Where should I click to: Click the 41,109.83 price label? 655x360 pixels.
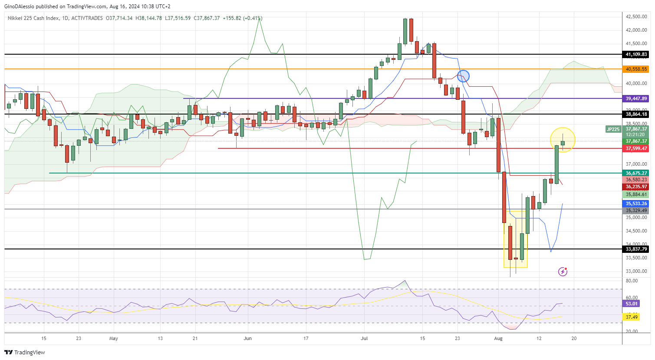pos(636,54)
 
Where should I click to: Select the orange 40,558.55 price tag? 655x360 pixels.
pos(636,69)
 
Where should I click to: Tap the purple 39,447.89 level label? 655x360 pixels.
pos(636,98)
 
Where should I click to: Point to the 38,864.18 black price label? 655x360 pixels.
pos(636,114)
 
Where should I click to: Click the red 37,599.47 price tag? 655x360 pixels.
pos(636,148)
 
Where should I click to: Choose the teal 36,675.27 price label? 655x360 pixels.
pos(636,173)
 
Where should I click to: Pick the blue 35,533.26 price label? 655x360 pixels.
pos(636,203)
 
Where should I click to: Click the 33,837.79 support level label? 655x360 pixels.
pos(636,249)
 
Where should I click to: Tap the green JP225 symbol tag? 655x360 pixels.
pos(613,129)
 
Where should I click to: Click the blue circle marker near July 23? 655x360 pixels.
pos(463,76)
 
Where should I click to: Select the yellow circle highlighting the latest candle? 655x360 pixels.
pos(563,140)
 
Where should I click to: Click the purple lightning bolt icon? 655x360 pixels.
pos(563,272)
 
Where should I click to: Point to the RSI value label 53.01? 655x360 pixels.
pos(632,304)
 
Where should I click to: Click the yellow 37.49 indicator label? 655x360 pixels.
pos(632,317)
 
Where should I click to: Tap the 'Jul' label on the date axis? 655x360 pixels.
pos(364,338)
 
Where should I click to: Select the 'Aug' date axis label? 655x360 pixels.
pos(498,338)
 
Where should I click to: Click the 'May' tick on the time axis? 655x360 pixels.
pos(113,338)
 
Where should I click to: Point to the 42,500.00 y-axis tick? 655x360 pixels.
pos(636,16)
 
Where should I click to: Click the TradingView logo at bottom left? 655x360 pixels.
pos(25,352)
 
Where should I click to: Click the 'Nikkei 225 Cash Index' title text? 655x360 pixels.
pos(33,18)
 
